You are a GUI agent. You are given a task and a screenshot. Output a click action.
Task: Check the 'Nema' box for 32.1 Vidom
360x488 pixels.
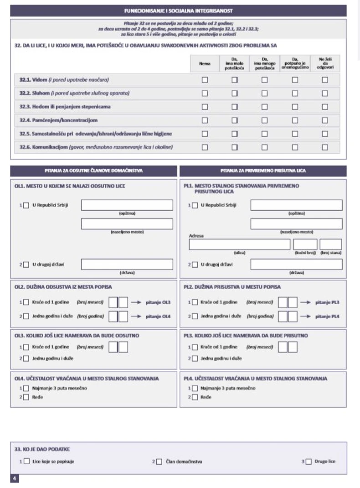point(205,80)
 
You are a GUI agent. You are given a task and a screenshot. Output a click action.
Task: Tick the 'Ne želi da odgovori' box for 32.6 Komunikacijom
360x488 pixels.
point(325,147)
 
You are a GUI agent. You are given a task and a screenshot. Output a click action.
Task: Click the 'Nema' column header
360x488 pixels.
point(205,64)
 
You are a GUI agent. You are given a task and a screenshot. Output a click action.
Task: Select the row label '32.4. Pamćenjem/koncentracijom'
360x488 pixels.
point(59,120)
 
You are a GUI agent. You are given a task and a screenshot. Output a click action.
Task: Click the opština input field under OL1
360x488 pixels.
point(127,205)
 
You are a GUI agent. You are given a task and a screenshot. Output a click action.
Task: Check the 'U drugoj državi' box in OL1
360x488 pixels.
point(26,265)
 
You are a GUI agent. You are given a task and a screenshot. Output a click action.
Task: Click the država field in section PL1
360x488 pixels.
point(296,265)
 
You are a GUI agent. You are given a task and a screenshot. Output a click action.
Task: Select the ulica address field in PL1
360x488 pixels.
point(239,244)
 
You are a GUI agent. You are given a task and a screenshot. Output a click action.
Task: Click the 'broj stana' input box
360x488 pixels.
point(330,244)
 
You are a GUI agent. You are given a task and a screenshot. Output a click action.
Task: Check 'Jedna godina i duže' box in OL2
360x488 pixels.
point(26,316)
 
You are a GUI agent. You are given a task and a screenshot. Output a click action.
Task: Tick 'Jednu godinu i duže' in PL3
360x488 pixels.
point(195,358)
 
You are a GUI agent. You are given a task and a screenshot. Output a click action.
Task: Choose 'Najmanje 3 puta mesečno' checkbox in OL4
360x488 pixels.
point(26,389)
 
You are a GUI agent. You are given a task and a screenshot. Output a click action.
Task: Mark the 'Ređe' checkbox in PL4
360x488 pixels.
point(195,397)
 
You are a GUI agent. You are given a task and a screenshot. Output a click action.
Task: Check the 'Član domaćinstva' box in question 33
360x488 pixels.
point(159,462)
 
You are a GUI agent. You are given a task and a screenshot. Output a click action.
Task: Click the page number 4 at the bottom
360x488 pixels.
point(15,478)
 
